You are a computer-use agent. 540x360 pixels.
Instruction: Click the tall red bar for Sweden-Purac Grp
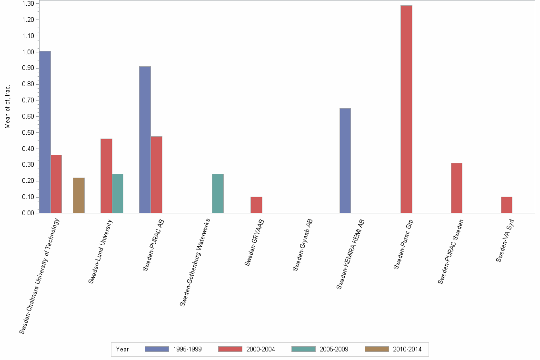click(406, 109)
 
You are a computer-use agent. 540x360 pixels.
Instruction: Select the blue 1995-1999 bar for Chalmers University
click(45, 132)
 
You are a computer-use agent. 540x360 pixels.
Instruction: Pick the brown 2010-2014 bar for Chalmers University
click(79, 195)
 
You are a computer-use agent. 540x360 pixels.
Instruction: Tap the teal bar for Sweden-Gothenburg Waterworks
click(218, 193)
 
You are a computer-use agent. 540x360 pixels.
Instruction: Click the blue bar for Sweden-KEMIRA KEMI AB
click(345, 160)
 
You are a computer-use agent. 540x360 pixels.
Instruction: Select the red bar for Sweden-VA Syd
click(506, 205)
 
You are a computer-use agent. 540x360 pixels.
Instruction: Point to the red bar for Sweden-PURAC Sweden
click(456, 188)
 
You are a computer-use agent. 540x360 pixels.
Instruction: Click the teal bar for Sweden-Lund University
click(118, 193)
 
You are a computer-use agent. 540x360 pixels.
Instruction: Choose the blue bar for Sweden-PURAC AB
click(145, 140)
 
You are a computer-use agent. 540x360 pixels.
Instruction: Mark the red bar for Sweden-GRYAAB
click(256, 205)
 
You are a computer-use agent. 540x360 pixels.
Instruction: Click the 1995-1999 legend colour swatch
click(157, 349)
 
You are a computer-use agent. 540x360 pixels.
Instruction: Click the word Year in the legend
click(122, 349)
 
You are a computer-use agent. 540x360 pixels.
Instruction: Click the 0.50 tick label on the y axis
click(27, 132)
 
